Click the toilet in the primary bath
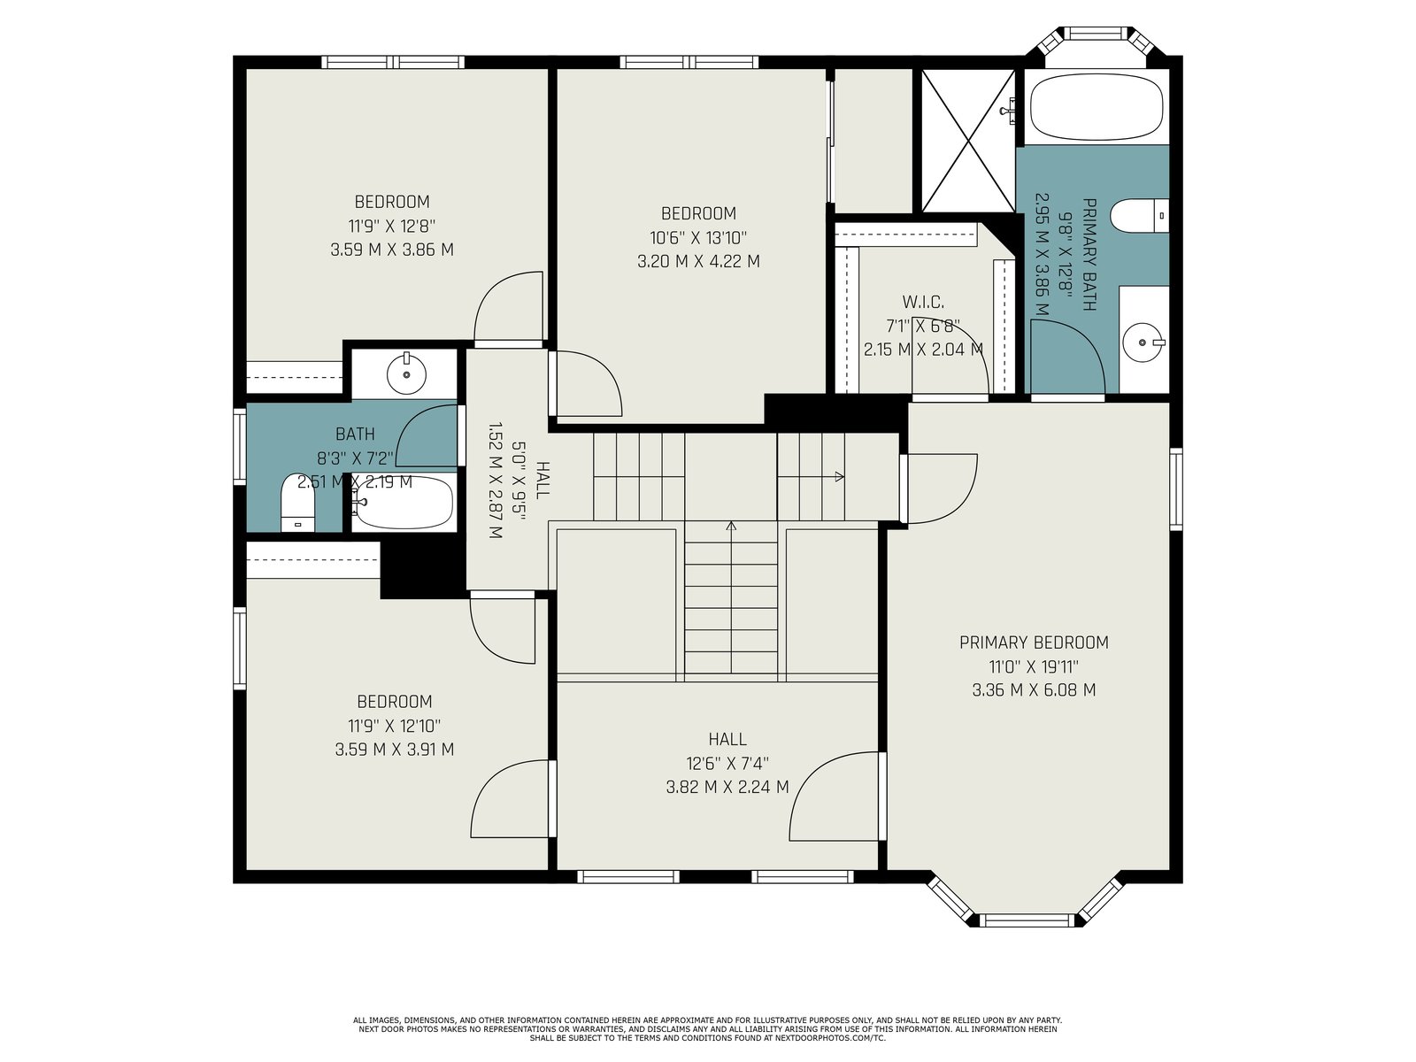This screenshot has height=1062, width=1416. point(1140,217)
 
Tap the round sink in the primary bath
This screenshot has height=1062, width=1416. point(1143,342)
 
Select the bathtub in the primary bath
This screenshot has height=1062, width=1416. point(1097,107)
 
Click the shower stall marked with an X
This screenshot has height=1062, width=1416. point(968,141)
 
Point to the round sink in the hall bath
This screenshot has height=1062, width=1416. point(406,374)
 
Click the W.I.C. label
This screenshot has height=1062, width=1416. point(923,302)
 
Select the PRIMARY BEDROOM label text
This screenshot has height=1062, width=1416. point(1034,643)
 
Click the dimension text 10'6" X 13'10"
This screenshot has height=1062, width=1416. point(698,238)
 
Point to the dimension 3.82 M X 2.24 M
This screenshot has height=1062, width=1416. point(727,788)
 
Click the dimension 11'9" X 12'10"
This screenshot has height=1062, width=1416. point(394,726)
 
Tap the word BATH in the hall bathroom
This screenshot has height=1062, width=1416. point(355,434)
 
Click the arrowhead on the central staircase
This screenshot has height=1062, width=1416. point(731,527)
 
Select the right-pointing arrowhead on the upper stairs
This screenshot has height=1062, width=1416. point(839,477)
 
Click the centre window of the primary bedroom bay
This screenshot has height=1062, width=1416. point(1027,920)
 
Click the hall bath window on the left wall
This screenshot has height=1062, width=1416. point(239,446)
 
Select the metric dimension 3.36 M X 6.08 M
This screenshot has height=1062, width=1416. point(1034,690)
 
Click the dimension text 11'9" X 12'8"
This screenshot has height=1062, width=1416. point(392,227)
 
